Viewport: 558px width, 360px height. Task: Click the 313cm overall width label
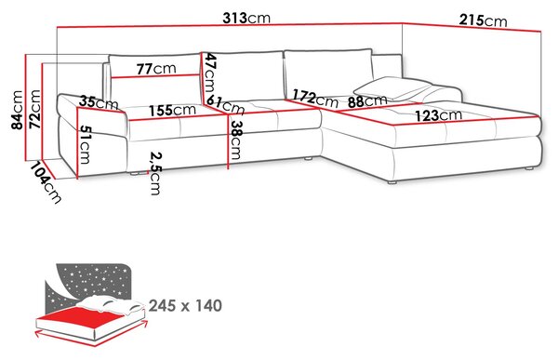246,18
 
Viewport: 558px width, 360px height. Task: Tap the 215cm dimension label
483,20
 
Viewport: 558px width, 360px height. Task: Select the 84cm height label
18,110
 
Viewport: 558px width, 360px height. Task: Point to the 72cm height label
35,109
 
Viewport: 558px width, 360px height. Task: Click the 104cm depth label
46,182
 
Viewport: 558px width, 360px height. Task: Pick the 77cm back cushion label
156,68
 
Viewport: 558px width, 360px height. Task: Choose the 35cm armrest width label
99,102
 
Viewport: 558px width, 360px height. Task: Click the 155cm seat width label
172,110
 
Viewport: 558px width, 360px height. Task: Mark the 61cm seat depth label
226,105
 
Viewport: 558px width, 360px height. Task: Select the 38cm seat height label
235,140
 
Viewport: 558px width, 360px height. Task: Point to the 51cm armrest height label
85,144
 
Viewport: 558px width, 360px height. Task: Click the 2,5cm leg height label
155,173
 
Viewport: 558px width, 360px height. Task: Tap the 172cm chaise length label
315,99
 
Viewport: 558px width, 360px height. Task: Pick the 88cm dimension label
367,101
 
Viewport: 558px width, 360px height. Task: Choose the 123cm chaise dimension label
438,115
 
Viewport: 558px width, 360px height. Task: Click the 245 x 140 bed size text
185,305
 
